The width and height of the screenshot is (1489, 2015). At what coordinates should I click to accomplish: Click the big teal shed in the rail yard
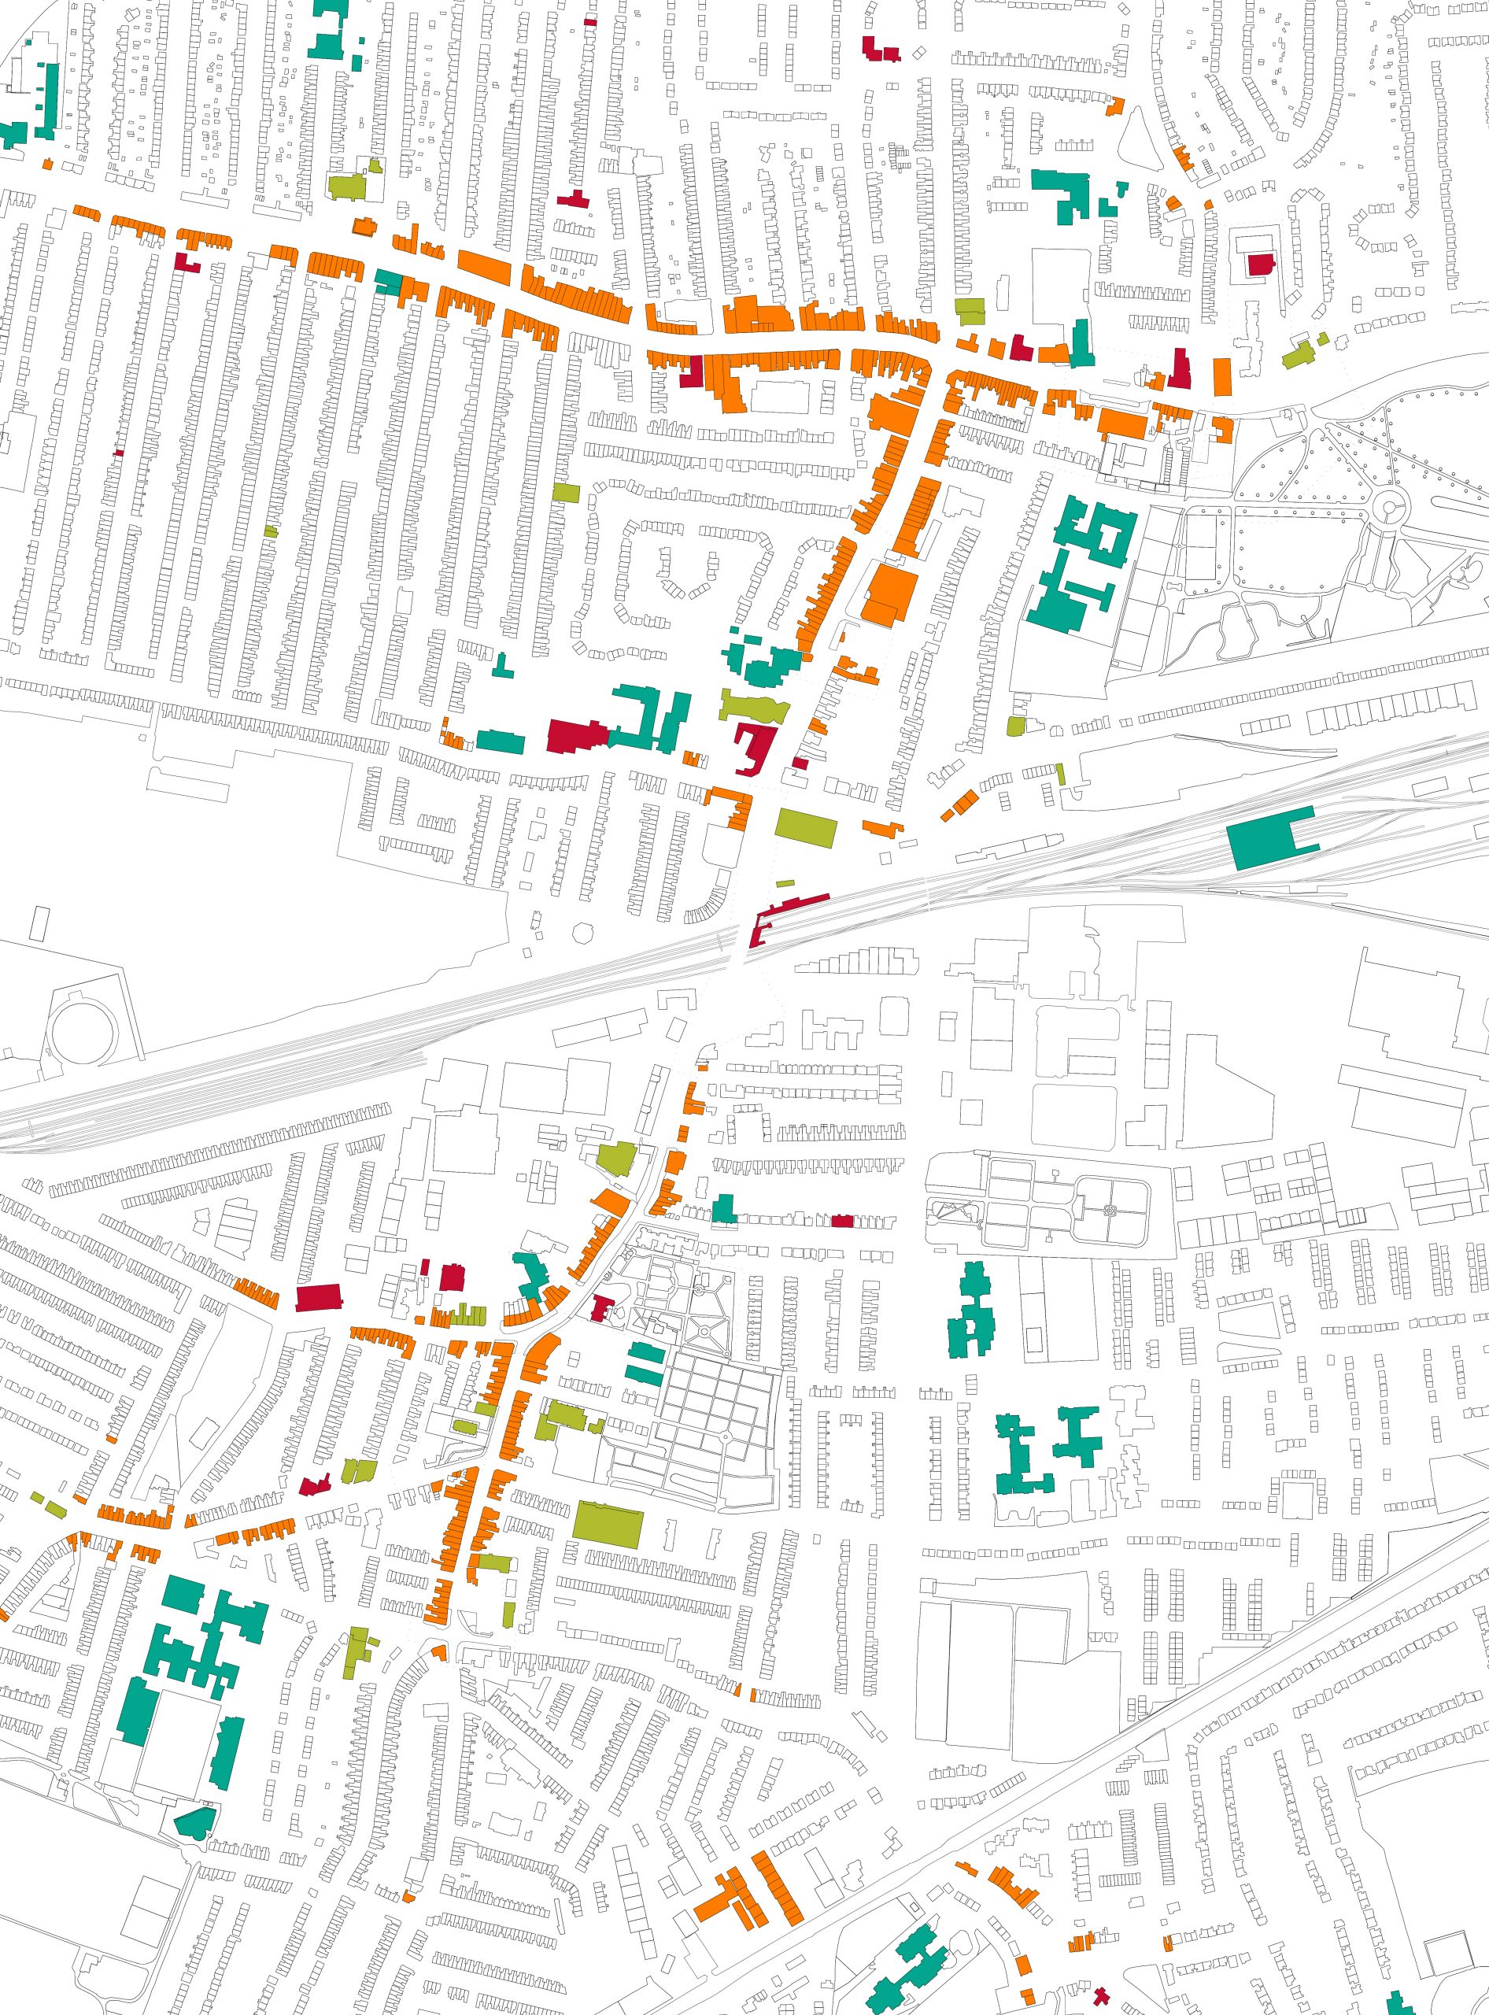pyautogui.click(x=1262, y=839)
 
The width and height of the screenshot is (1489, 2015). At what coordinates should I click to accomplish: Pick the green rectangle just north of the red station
pyautogui.click(x=806, y=827)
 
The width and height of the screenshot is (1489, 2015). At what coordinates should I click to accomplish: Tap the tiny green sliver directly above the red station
pyautogui.click(x=786, y=884)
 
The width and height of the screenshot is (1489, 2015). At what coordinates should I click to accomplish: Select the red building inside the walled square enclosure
pyautogui.click(x=1261, y=265)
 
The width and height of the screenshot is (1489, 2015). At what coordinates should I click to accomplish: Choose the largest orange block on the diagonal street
pyautogui.click(x=889, y=596)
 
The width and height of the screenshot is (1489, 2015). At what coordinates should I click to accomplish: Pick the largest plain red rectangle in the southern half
pyautogui.click(x=319, y=1297)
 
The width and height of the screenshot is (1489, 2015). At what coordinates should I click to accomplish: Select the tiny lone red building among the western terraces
pyautogui.click(x=118, y=453)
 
